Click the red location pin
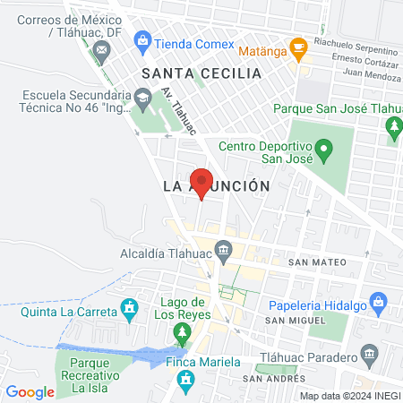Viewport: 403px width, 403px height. point(201,182)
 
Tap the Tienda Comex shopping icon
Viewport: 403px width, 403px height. point(141,40)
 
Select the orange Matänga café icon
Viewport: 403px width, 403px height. point(298,46)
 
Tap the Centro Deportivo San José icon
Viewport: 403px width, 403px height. point(324,146)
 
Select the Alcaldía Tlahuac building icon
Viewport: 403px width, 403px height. point(223,248)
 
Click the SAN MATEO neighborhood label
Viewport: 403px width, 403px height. point(312,264)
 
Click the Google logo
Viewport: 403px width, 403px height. point(30,391)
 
